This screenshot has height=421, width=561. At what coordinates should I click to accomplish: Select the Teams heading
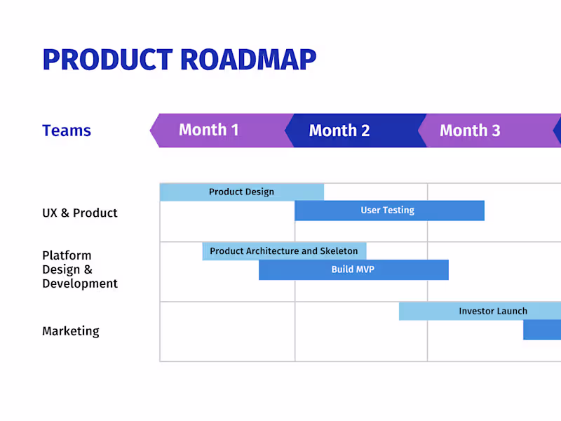pos(67,131)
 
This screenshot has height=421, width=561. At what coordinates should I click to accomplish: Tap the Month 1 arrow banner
pos(209,130)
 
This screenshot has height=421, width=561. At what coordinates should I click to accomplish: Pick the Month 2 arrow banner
pos(339,131)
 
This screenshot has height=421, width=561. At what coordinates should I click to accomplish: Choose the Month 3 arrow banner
pos(470,131)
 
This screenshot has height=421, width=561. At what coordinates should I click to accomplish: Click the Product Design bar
pos(241,192)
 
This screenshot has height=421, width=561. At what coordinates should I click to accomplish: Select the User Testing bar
pos(388,210)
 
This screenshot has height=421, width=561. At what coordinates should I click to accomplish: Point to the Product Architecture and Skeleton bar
pos(283,251)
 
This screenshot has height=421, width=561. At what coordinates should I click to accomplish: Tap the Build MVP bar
pos(353,269)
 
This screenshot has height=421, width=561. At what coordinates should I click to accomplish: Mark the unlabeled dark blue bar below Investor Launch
pos(542,330)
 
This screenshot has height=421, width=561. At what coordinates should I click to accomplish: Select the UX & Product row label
pos(79,213)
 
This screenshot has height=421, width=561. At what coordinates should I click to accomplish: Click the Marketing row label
pos(70,331)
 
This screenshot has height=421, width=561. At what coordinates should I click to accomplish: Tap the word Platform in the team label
pos(67,255)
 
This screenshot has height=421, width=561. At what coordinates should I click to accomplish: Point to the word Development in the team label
pos(80,283)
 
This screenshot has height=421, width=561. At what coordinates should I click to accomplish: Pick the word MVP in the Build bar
pos(365,269)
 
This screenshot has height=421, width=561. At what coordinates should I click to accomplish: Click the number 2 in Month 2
pos(364,131)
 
